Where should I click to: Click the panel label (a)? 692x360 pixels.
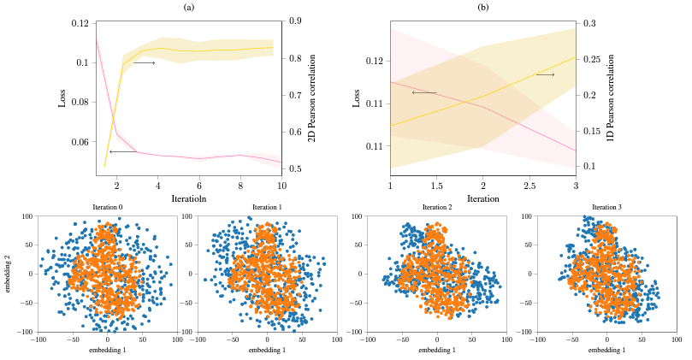coord(189,7)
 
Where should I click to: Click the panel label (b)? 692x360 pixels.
coord(482,7)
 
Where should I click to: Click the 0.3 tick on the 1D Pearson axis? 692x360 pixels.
coord(589,22)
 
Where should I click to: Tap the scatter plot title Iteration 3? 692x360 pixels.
coord(606,208)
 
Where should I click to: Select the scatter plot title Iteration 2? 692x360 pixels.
coord(436,208)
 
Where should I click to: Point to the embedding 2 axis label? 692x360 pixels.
coord(8,274)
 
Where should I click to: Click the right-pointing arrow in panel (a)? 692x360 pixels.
coord(144,62)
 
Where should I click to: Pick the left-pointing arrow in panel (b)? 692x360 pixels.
coord(424,92)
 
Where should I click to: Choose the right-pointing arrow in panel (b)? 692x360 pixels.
coord(545,75)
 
